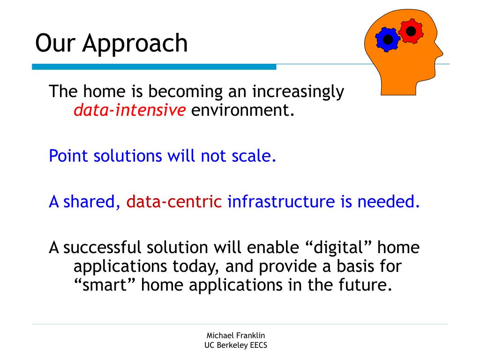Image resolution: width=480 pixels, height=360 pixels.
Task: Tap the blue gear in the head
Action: pos(388,39)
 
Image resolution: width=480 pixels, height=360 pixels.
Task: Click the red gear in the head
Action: pos(411,31)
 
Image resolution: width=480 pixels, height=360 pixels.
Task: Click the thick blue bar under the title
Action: pos(154,67)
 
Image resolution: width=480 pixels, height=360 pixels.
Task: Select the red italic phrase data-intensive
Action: pos(129,110)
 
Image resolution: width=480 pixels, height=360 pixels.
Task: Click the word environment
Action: pos(243,110)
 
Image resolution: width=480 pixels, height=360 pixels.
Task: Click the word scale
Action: pos(254,156)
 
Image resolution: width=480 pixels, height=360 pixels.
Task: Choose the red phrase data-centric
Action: pos(174,202)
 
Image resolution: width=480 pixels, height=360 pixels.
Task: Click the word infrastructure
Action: pos(281,202)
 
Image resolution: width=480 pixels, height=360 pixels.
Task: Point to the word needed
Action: pos(389,202)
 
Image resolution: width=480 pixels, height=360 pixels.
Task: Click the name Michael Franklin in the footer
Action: pos(236,335)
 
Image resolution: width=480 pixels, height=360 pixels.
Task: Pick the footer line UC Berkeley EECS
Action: pos(236,345)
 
